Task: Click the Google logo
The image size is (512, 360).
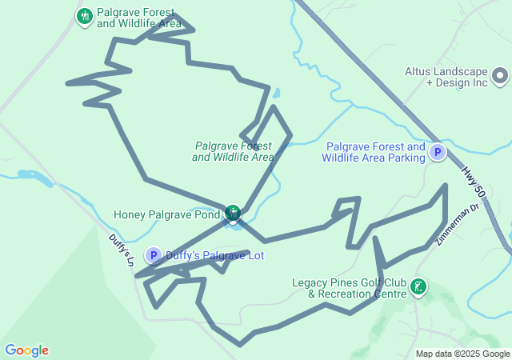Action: click(26, 350)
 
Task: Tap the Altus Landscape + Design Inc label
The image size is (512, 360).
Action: click(446, 77)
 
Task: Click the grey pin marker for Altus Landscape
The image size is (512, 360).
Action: click(500, 77)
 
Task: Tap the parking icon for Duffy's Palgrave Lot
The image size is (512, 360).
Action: click(153, 256)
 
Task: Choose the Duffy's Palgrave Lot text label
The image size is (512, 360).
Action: click(214, 256)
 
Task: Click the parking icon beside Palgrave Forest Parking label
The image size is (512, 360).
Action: click(437, 152)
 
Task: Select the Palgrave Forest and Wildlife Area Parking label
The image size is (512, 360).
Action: click(374, 152)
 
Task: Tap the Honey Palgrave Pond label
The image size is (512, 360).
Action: click(166, 214)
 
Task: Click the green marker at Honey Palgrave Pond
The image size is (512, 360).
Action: click(232, 213)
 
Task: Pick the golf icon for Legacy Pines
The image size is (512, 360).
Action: click(418, 286)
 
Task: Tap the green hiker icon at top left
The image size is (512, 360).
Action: click(84, 16)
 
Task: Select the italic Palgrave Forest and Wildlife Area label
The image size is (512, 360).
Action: click(233, 151)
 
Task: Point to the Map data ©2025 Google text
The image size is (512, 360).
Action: click(462, 354)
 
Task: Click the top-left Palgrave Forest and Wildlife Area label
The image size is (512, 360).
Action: click(139, 18)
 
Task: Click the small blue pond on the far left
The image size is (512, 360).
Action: click(34, 174)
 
